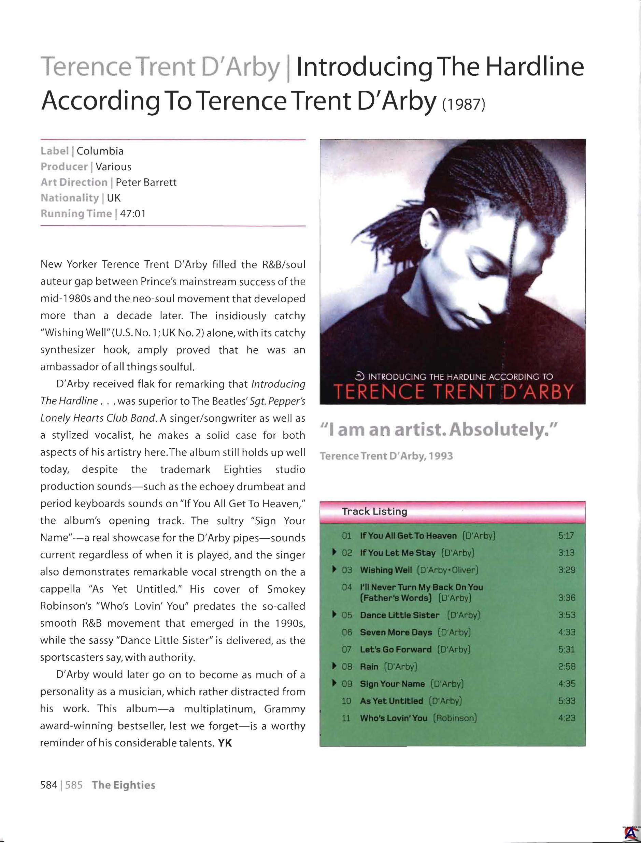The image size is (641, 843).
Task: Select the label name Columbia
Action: coord(100,151)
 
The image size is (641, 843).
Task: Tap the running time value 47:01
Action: coord(133,214)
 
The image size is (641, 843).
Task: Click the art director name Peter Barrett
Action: coord(146,182)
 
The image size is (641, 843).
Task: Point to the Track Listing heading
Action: coord(374,511)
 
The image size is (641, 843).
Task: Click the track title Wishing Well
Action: coord(386,570)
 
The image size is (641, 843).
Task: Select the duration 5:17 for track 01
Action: coord(566,536)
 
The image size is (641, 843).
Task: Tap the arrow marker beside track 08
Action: coord(334,666)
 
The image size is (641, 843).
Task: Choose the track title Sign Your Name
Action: coord(392,684)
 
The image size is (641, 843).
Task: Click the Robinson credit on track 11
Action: coord(455,718)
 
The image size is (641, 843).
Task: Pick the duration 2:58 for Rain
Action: coord(566,667)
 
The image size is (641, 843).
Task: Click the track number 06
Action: coord(346,632)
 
